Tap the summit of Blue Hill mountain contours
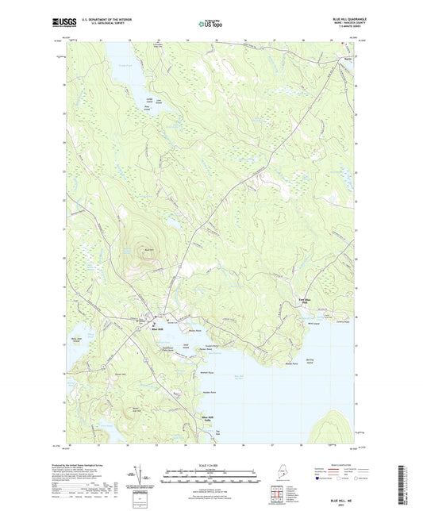(148, 246)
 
